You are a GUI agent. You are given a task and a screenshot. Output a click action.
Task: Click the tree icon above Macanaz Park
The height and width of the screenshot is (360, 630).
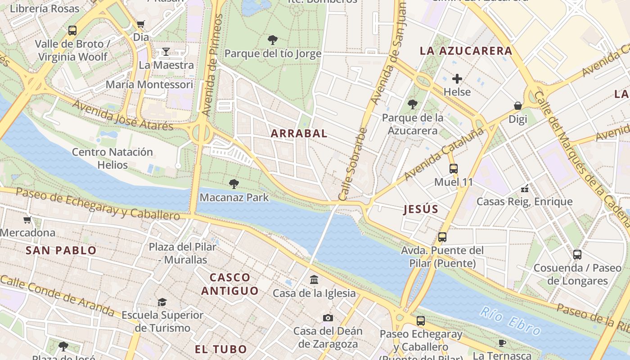pos(234,184)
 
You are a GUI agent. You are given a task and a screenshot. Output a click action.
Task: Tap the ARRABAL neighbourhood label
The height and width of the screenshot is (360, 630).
pos(299,133)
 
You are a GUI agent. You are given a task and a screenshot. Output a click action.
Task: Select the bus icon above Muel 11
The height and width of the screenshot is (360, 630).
pos(454,169)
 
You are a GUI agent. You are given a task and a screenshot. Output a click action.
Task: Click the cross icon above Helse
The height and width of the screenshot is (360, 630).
pos(457,79)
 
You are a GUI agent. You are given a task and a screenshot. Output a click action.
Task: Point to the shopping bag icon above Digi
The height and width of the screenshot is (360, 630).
pos(518,106)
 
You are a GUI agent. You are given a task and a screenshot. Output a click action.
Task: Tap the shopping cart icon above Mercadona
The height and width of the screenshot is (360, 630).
pos(27,220)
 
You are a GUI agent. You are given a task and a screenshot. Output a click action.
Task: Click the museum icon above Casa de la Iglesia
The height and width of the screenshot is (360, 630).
pos(314,280)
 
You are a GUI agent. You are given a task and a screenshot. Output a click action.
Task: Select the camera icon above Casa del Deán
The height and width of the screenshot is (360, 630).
pos(328,318)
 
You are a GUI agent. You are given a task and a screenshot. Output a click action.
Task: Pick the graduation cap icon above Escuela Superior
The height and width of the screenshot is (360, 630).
pos(162,302)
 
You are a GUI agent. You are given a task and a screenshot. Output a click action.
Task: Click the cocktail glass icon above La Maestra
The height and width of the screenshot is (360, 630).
pos(166,51)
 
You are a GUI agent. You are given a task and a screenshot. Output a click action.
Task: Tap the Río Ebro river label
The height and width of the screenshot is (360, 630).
pos(510,321)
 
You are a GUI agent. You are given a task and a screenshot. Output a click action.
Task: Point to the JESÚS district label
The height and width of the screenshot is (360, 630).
pos(421,209)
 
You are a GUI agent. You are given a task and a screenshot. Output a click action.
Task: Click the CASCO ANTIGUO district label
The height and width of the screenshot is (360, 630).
pos(229,284)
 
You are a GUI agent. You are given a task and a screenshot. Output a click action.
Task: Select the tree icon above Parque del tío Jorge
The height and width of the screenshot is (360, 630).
pos(272,40)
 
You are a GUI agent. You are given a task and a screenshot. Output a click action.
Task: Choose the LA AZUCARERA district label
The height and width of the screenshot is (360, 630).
pos(466,50)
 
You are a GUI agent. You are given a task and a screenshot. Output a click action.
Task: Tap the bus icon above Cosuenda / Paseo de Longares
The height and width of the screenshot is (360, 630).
pos(577,254)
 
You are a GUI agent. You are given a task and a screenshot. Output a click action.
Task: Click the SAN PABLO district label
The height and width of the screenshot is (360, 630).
pos(61,250)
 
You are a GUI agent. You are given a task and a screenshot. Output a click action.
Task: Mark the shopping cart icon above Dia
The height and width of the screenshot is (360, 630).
pos(141,24)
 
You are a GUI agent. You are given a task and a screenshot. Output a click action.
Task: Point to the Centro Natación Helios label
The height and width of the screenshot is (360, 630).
pos(112,158)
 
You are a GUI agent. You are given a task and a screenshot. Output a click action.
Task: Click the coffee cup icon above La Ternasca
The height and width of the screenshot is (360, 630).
pos(502,343)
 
